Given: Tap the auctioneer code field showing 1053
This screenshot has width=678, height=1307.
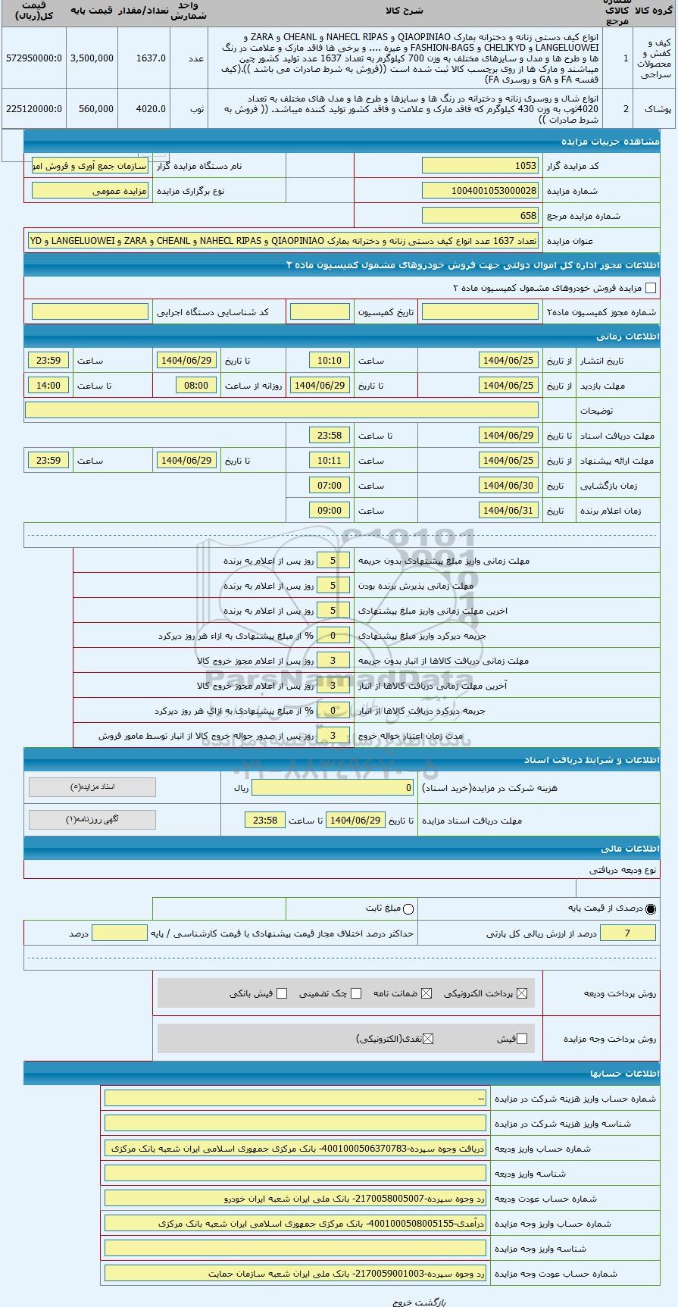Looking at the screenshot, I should tap(480, 166).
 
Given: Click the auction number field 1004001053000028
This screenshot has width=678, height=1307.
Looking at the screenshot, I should tap(480, 191).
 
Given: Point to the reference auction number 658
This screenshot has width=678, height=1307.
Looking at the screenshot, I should tap(480, 216).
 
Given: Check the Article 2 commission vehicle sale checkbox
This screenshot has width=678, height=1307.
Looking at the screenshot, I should tap(650, 288).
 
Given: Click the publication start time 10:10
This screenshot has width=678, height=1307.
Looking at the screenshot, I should tap(330, 361).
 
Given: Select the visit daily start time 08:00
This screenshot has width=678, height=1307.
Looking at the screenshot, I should tap(196, 386).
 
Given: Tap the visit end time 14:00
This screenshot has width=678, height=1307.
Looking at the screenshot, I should tap(48, 386).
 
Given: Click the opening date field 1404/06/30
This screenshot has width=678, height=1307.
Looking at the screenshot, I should tap(509, 486).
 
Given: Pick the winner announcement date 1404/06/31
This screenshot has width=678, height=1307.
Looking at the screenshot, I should tap(509, 511).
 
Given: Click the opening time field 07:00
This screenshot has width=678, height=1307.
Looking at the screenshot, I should tap(330, 486).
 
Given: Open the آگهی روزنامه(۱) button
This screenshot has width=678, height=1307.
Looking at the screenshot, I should tap(92, 819).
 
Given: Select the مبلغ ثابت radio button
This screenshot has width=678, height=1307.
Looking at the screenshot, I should tap(409, 908).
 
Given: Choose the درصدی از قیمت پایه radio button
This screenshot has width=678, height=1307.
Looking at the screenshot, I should tap(651, 908).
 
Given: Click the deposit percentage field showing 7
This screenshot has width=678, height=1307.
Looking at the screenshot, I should tap(627, 933).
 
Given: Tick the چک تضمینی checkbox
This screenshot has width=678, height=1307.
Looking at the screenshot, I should tap(356, 993).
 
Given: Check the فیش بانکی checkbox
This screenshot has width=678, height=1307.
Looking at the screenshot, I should tap(282, 993).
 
